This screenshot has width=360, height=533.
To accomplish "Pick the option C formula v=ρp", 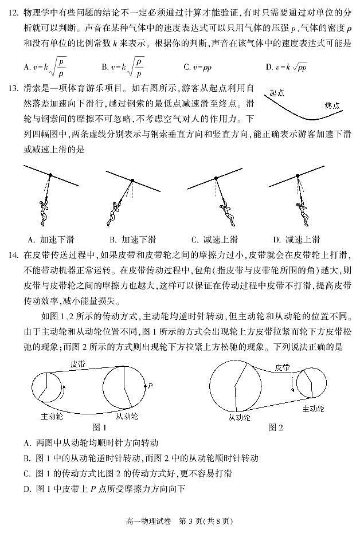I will point(201,67).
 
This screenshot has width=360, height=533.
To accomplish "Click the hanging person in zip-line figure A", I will point(42,211).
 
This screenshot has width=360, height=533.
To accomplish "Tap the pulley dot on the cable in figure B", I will point(131,181).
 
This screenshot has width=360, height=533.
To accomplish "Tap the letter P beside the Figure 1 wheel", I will point(150,386).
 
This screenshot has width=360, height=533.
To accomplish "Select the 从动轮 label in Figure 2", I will point(239,417).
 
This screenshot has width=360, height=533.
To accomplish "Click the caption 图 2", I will point(276,428).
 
